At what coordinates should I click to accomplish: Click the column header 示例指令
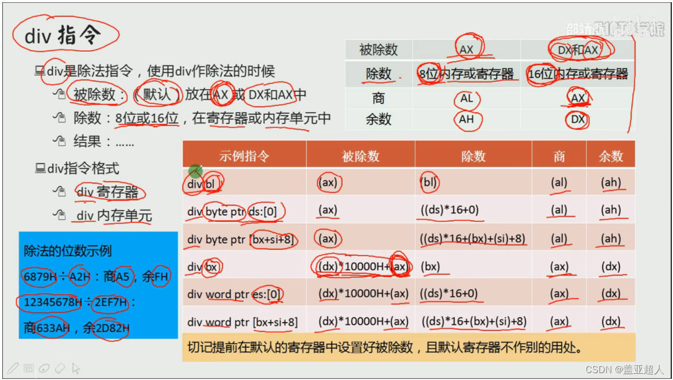(244, 156)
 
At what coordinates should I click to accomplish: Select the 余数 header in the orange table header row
(610, 156)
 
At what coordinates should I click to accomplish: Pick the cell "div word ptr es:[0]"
(234, 294)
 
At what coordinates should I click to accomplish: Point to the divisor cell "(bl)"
(429, 183)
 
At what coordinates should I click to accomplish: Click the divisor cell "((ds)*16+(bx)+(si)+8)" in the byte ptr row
(472, 239)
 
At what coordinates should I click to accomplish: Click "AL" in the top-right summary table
(467, 98)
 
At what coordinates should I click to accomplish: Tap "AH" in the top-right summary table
(467, 120)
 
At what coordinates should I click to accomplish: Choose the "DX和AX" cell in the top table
(578, 50)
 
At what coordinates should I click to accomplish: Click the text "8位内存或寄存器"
(466, 74)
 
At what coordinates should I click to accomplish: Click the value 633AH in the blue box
(53, 328)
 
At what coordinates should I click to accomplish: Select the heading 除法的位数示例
(68, 251)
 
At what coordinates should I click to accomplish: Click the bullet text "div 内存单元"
(114, 216)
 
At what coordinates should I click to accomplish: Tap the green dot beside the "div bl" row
(195, 171)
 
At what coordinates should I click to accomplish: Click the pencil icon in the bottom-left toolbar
(13, 367)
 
